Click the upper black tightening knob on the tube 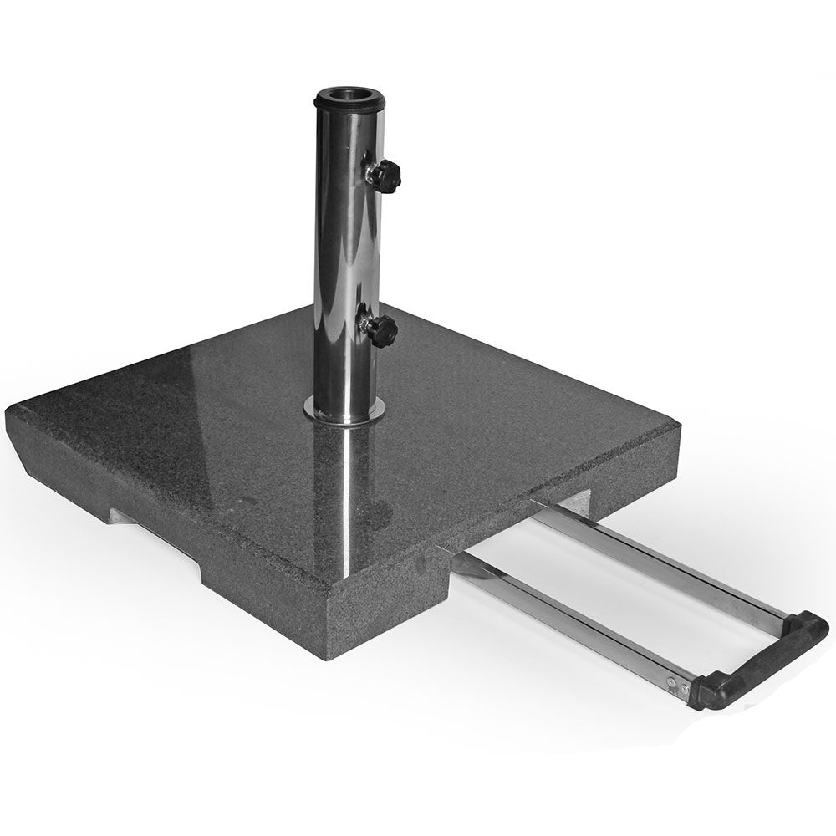pyautogui.click(x=387, y=175)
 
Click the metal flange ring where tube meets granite pyautogui.click(x=344, y=410)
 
